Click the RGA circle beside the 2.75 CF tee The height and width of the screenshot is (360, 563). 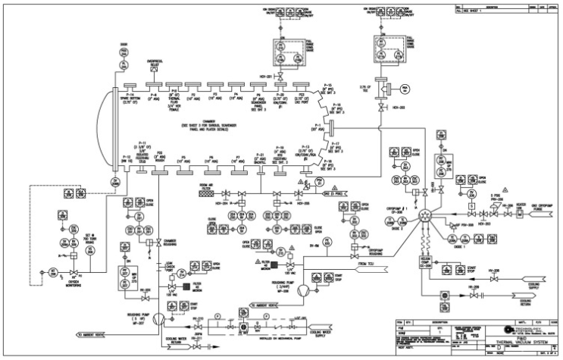pos(405,89)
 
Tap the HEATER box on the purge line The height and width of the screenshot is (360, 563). pos(500,210)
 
